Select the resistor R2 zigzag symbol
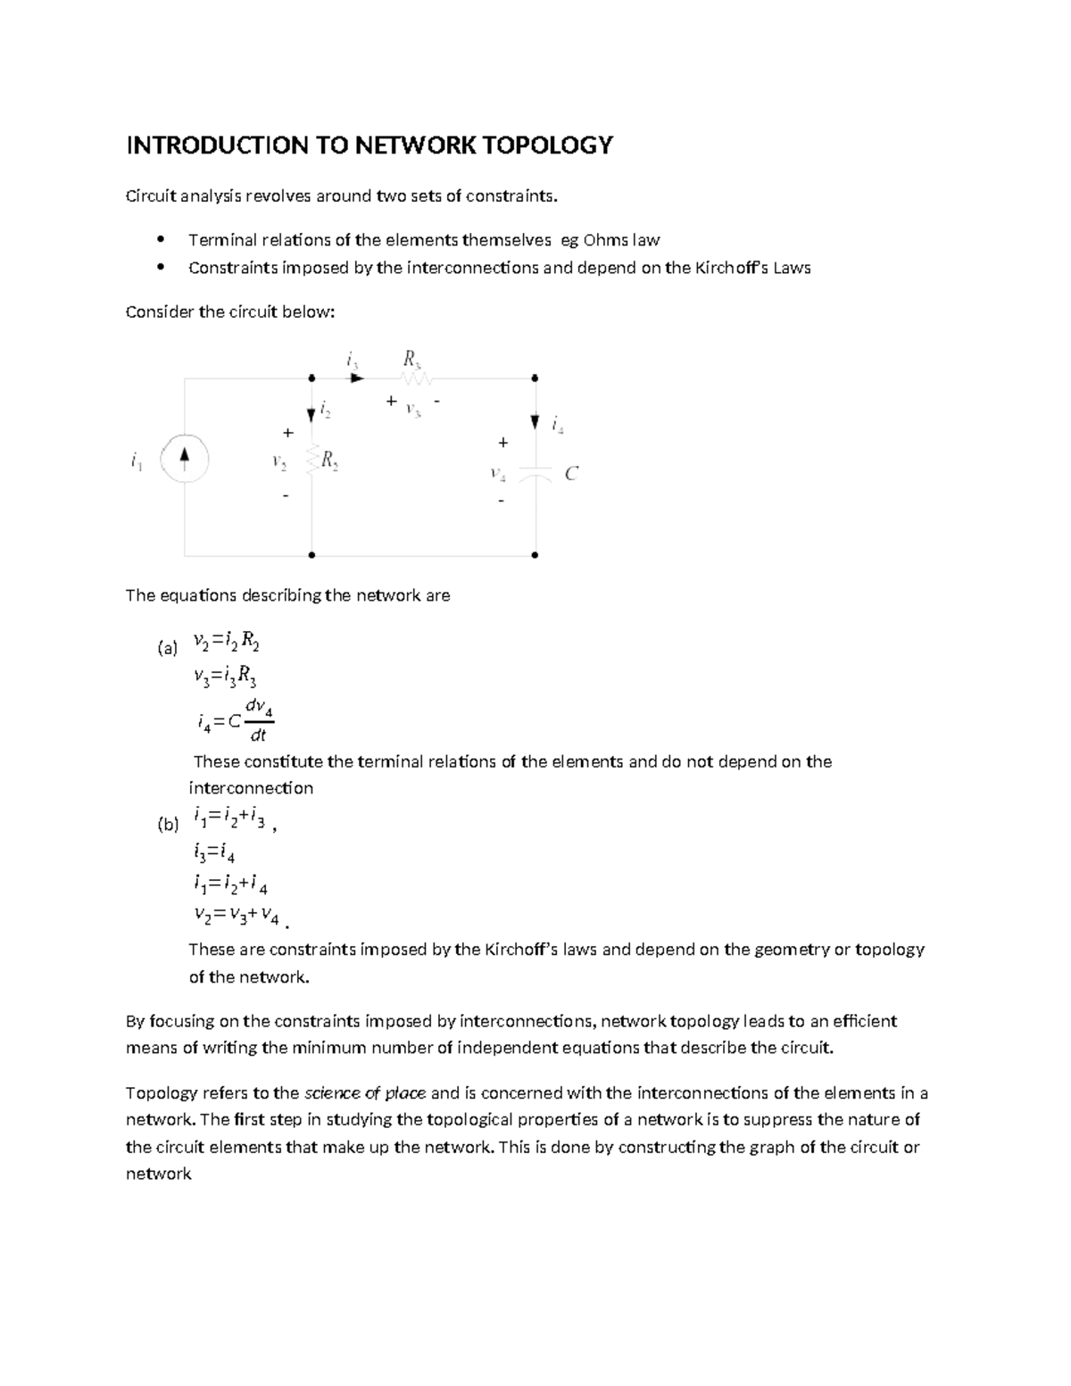coord(312,461)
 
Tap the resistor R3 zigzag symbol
coord(415,378)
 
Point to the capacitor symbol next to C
coord(535,473)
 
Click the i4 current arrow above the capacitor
coord(535,422)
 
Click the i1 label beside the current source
coord(135,461)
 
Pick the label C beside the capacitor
coord(572,474)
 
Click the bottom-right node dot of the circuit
coord(535,555)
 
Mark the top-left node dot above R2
coord(311,378)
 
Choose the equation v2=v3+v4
coord(237,915)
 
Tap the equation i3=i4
coord(214,854)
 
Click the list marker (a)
coord(167,650)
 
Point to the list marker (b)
coord(168,826)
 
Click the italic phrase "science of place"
coord(365,1093)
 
